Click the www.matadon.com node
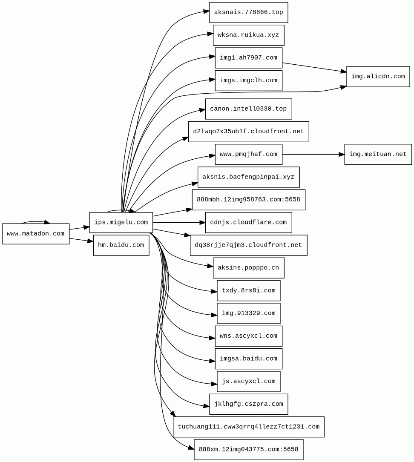(36, 234)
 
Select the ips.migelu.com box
(121, 222)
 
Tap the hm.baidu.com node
(121, 245)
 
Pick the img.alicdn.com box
(378, 77)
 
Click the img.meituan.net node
(378, 155)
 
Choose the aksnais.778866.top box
(249, 12)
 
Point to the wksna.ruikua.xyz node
(249, 35)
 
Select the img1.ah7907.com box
(249, 58)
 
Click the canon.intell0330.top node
(249, 109)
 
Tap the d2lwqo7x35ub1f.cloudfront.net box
(249, 132)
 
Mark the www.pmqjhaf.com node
(249, 155)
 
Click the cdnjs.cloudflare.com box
(249, 222)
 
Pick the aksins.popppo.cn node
(249, 268)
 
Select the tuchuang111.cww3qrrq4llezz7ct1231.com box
(249, 427)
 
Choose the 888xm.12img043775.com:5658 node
(249, 450)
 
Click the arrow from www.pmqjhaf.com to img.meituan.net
(313, 155)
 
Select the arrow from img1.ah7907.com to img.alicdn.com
(314, 67)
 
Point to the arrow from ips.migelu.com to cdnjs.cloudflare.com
(179, 222)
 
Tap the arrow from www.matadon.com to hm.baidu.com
(81, 240)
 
